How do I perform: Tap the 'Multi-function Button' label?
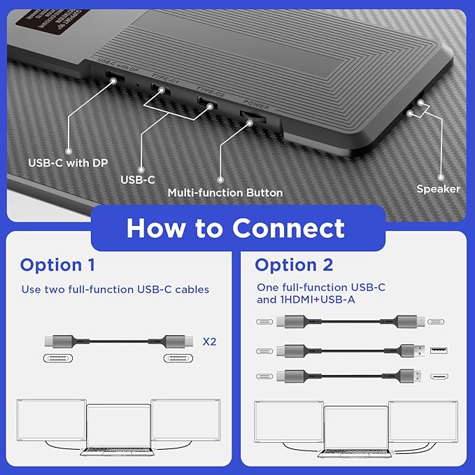(225, 192)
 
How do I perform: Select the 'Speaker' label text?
(438, 188)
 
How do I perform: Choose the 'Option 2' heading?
(295, 265)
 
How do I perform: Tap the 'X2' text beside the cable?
(209, 342)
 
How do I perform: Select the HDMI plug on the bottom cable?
(411, 376)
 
